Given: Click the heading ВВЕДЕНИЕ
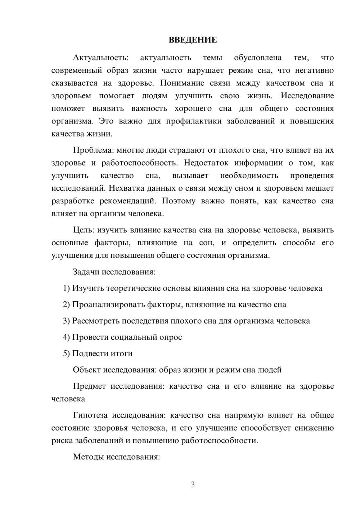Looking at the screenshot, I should [x=193, y=40].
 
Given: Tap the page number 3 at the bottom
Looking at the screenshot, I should [x=193, y=485].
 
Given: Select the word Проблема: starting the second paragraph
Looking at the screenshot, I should [x=92, y=150].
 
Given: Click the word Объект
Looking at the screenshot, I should [x=87, y=370].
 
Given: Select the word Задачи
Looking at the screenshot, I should [x=86, y=272].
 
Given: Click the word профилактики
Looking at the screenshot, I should [x=194, y=121].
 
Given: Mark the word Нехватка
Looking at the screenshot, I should [x=125, y=188].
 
